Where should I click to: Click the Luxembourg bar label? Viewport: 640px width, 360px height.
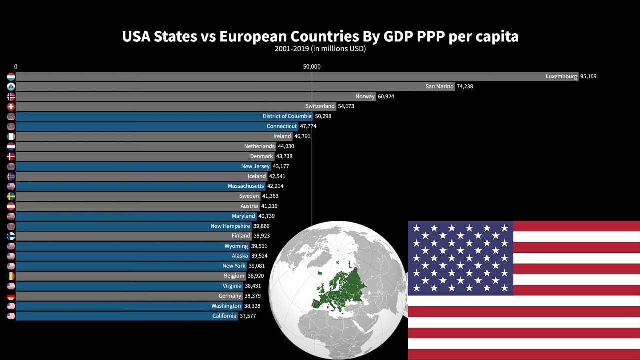(x=561, y=77)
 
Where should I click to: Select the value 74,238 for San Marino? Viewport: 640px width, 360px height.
(x=465, y=87)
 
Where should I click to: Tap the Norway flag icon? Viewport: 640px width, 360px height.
(x=11, y=97)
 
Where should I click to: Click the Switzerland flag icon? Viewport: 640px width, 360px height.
(x=11, y=107)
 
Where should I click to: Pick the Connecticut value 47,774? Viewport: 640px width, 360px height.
(x=308, y=126)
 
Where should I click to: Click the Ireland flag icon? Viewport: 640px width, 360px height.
(x=11, y=136)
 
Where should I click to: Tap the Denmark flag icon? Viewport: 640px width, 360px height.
(x=11, y=156)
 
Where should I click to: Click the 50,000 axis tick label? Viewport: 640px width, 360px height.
(x=312, y=67)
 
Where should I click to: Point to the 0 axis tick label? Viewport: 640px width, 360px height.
(x=16, y=67)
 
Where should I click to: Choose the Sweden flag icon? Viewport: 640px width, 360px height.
(x=11, y=196)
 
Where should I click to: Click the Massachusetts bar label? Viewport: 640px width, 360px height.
(x=246, y=186)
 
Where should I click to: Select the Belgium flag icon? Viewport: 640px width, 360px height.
(x=11, y=276)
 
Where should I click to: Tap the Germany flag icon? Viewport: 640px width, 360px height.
(x=11, y=296)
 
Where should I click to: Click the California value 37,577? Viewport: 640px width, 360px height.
(x=248, y=316)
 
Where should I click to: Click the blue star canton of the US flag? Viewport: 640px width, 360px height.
(x=460, y=258)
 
